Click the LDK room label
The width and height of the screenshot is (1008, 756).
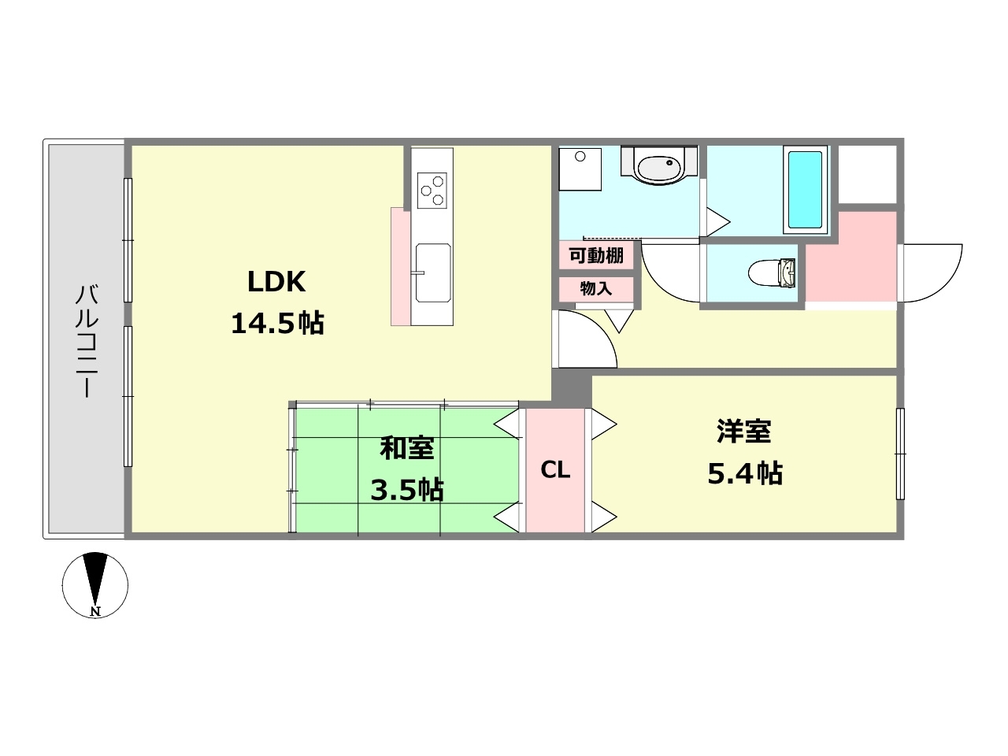[x=276, y=281]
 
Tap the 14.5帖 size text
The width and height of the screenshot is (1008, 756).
[x=277, y=323]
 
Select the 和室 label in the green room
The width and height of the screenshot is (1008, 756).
[x=406, y=448]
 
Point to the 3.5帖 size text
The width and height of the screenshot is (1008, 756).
[x=407, y=490]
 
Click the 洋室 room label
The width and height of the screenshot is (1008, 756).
[x=743, y=432]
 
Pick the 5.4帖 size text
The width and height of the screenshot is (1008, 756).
[x=744, y=473]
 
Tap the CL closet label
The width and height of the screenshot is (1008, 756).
[x=555, y=470]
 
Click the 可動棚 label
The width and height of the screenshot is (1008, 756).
[x=596, y=255]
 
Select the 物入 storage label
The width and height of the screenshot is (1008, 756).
[x=596, y=288]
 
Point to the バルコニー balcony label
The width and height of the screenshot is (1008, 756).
[x=87, y=340]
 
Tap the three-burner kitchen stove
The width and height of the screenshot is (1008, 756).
[x=432, y=190]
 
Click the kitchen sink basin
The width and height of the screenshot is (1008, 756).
[x=432, y=272]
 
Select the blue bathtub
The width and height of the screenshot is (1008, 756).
[x=805, y=189]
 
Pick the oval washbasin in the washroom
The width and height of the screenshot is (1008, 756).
[x=658, y=167]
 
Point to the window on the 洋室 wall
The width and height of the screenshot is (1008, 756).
[x=900, y=454]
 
